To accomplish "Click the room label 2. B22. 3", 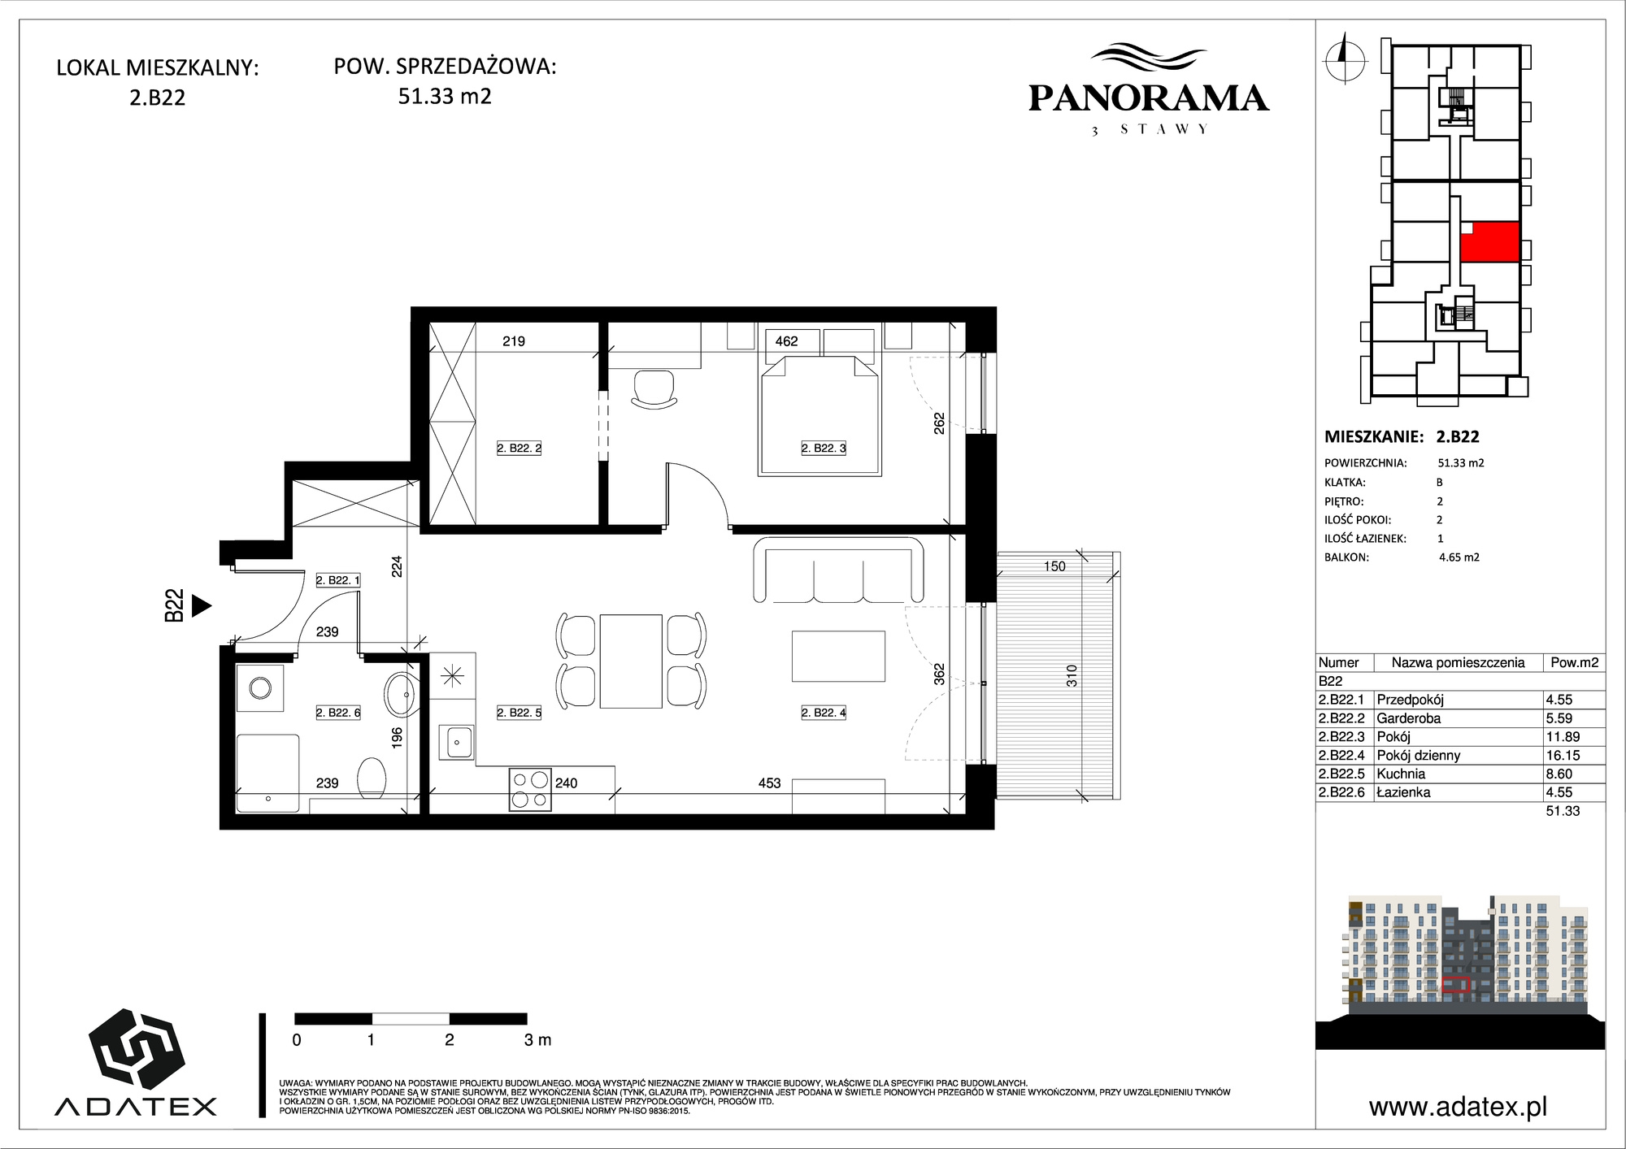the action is pos(824,448).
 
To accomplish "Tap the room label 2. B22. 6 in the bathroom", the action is pos(337,713).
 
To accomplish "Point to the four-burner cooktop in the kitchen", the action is pos(530,790).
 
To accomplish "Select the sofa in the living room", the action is pos(838,569).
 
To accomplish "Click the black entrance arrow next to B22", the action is pos(201,605).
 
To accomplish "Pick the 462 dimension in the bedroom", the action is pos(786,341).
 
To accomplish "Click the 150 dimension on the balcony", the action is pos(1054,566).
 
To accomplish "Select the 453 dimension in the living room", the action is pos(769,783).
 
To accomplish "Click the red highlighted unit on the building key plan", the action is pos(1489,242).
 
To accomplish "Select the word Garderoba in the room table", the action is pos(1408,718).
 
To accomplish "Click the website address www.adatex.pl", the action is pos(1458,1106).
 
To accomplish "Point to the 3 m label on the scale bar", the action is pos(537,1039).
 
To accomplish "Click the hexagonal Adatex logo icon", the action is pos(136,1049).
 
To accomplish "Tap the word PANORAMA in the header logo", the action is pos(1148,98).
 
